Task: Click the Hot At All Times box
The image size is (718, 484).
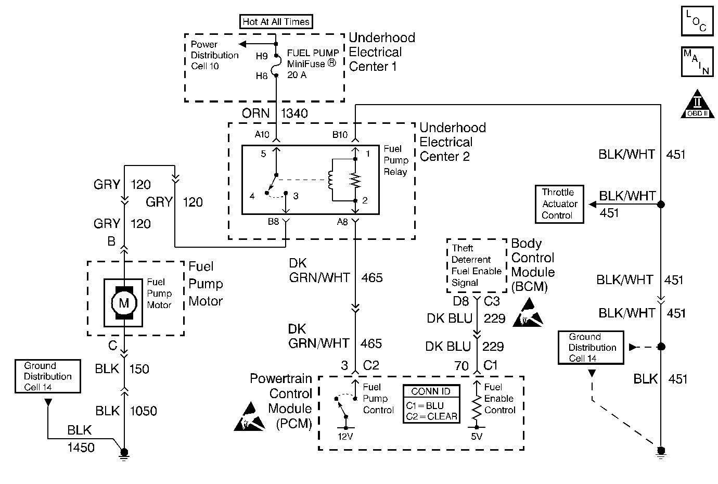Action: click(x=276, y=22)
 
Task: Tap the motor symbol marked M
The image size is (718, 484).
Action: click(x=124, y=303)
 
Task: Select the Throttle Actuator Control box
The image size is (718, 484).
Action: click(x=559, y=204)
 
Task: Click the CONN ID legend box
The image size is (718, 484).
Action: click(x=431, y=404)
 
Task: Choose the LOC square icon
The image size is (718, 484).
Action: click(x=697, y=21)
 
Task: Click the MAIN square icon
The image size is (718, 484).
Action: click(x=697, y=62)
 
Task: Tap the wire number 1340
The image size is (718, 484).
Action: click(x=294, y=113)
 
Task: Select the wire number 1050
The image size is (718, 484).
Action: click(x=143, y=411)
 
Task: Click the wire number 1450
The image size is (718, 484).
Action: click(x=81, y=447)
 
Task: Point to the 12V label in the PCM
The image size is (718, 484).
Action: click(x=345, y=437)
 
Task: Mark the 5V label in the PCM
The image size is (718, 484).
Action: click(x=477, y=437)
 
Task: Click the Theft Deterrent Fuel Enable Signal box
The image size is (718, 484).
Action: click(x=477, y=265)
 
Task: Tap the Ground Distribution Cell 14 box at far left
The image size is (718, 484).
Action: click(x=48, y=376)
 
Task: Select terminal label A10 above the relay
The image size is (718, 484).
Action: click(x=262, y=135)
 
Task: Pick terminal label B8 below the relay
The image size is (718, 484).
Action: click(x=273, y=222)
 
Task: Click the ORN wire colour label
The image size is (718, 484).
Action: click(x=255, y=113)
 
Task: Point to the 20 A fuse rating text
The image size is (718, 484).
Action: click(x=297, y=75)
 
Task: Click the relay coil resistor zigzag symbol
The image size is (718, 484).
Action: click(x=355, y=180)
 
